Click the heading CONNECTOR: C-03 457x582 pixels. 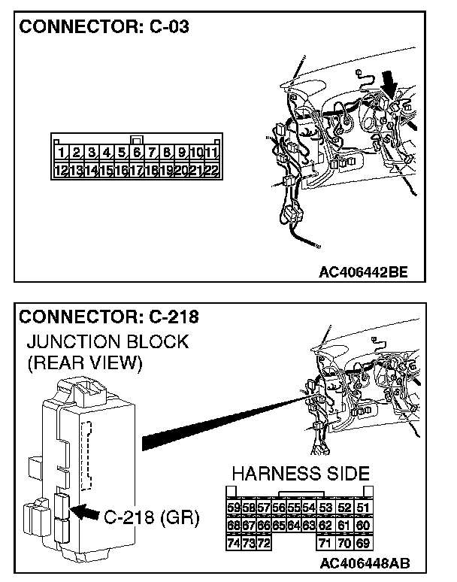click(104, 27)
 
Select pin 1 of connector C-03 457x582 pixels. click(61, 153)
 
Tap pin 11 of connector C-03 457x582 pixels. click(211, 153)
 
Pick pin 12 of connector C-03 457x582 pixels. click(61, 171)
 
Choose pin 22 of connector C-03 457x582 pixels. click(211, 171)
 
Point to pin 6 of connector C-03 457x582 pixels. click(137, 153)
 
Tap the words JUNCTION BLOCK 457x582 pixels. click(107, 342)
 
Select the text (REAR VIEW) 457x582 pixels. click(84, 364)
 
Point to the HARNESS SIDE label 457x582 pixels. click(301, 474)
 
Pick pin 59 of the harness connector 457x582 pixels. click(234, 508)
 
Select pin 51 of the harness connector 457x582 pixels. click(364, 508)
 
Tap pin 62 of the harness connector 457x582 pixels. click(325, 525)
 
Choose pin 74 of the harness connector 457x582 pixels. click(234, 542)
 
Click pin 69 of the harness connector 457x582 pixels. click(364, 542)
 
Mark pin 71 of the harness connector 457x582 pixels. click(325, 542)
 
